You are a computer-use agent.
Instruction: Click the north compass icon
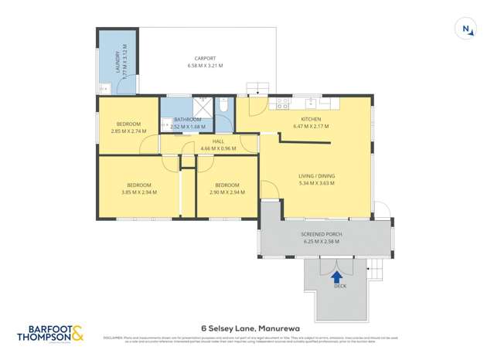[x=466, y=29]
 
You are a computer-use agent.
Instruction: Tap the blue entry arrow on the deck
[x=336, y=276]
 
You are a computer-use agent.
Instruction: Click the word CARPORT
[x=205, y=58]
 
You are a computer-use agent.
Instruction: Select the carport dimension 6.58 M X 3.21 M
[x=205, y=66]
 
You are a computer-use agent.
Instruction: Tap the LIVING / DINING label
[x=317, y=177]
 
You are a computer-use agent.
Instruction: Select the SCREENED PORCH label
[x=321, y=234]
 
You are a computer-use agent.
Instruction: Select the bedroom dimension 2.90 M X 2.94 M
[x=227, y=192]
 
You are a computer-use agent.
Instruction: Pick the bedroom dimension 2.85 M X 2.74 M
[x=128, y=131]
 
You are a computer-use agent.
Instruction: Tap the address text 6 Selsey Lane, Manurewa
[x=247, y=328]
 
